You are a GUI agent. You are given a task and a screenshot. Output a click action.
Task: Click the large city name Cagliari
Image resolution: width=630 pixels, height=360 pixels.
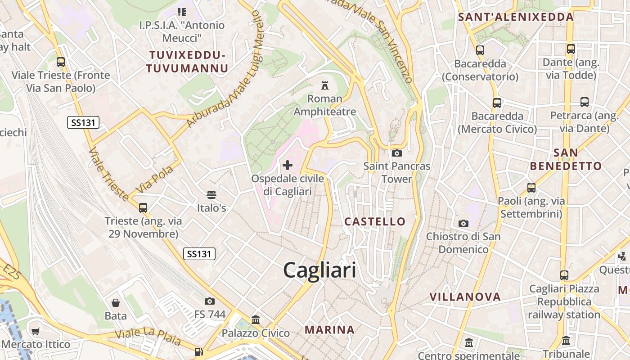319,270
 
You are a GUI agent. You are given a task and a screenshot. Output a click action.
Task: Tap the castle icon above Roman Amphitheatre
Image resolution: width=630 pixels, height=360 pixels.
324,85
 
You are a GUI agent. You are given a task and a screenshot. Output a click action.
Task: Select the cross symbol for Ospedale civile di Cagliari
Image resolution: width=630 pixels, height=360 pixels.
287,165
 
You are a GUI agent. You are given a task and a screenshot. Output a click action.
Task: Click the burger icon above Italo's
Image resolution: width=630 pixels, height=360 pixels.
211,195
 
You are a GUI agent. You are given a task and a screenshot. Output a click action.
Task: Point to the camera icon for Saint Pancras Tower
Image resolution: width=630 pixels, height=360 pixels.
396,153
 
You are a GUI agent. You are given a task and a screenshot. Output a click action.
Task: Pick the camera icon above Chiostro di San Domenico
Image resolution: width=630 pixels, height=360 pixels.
463,223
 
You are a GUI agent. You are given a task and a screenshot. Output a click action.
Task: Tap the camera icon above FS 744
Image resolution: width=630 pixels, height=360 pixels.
210,301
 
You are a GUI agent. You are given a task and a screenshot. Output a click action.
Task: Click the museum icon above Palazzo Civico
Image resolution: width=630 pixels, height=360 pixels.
256,320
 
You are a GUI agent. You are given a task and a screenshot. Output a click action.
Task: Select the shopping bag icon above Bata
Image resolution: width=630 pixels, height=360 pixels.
116,303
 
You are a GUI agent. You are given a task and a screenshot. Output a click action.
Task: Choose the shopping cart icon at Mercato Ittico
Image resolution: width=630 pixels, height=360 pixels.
36,332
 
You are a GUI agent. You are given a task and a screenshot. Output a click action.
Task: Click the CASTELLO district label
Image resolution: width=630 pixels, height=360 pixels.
375,221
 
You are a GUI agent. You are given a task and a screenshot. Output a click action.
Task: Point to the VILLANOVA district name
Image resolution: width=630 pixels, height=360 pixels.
465,297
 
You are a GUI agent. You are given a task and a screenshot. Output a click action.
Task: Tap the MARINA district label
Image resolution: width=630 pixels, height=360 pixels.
329,330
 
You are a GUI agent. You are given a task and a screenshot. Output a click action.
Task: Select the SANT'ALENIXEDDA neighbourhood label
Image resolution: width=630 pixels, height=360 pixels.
515,17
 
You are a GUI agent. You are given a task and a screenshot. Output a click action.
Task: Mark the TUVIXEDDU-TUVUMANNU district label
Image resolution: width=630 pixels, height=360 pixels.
187,62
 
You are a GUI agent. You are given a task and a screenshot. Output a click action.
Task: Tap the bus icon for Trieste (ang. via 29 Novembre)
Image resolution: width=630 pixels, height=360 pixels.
143,207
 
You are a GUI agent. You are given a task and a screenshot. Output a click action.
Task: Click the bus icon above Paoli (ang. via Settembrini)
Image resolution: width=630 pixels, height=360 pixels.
531,187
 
